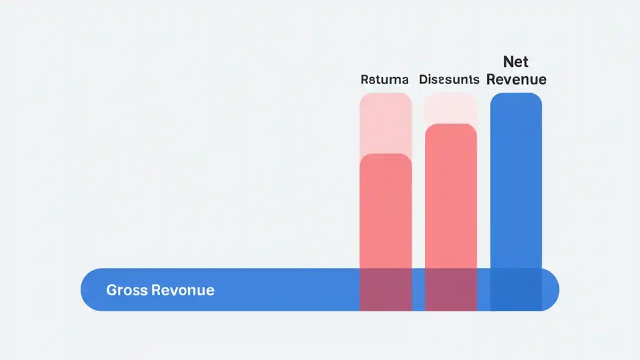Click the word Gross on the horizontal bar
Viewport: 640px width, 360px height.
pos(126,290)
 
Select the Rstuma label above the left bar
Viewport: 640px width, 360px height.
pos(384,79)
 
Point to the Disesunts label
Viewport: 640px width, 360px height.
pos(449,79)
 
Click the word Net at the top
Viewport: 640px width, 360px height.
pos(516,62)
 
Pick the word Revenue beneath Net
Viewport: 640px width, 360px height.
pos(516,79)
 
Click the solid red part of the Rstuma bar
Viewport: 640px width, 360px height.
pos(385,215)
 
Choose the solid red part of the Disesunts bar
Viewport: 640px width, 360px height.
pos(451,200)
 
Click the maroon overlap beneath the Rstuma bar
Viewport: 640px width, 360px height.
pos(385,290)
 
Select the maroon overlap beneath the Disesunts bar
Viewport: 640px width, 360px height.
pos(451,290)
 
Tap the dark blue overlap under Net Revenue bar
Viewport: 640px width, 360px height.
pos(516,290)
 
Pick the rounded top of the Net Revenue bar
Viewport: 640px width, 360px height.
pos(516,97)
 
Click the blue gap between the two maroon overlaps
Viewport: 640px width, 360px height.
pos(418,290)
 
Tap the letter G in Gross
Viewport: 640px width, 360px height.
pos(110,290)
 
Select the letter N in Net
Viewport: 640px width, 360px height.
pos(508,62)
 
